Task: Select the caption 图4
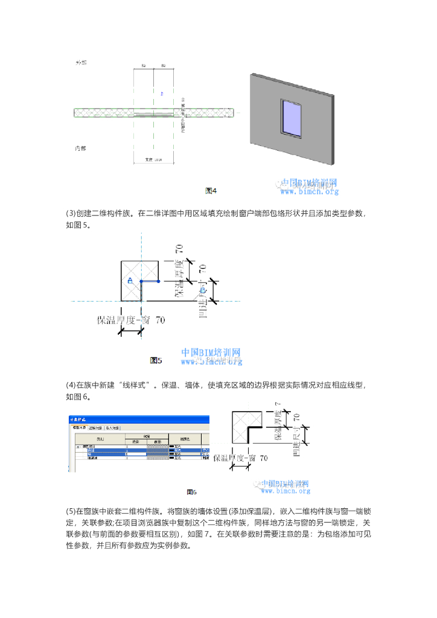click(x=211, y=191)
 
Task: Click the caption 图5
click(x=156, y=360)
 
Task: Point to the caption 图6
click(x=192, y=492)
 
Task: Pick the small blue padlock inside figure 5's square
click(x=130, y=281)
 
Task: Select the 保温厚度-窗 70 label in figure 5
click(x=131, y=320)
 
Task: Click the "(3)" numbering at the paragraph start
click(x=71, y=213)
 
